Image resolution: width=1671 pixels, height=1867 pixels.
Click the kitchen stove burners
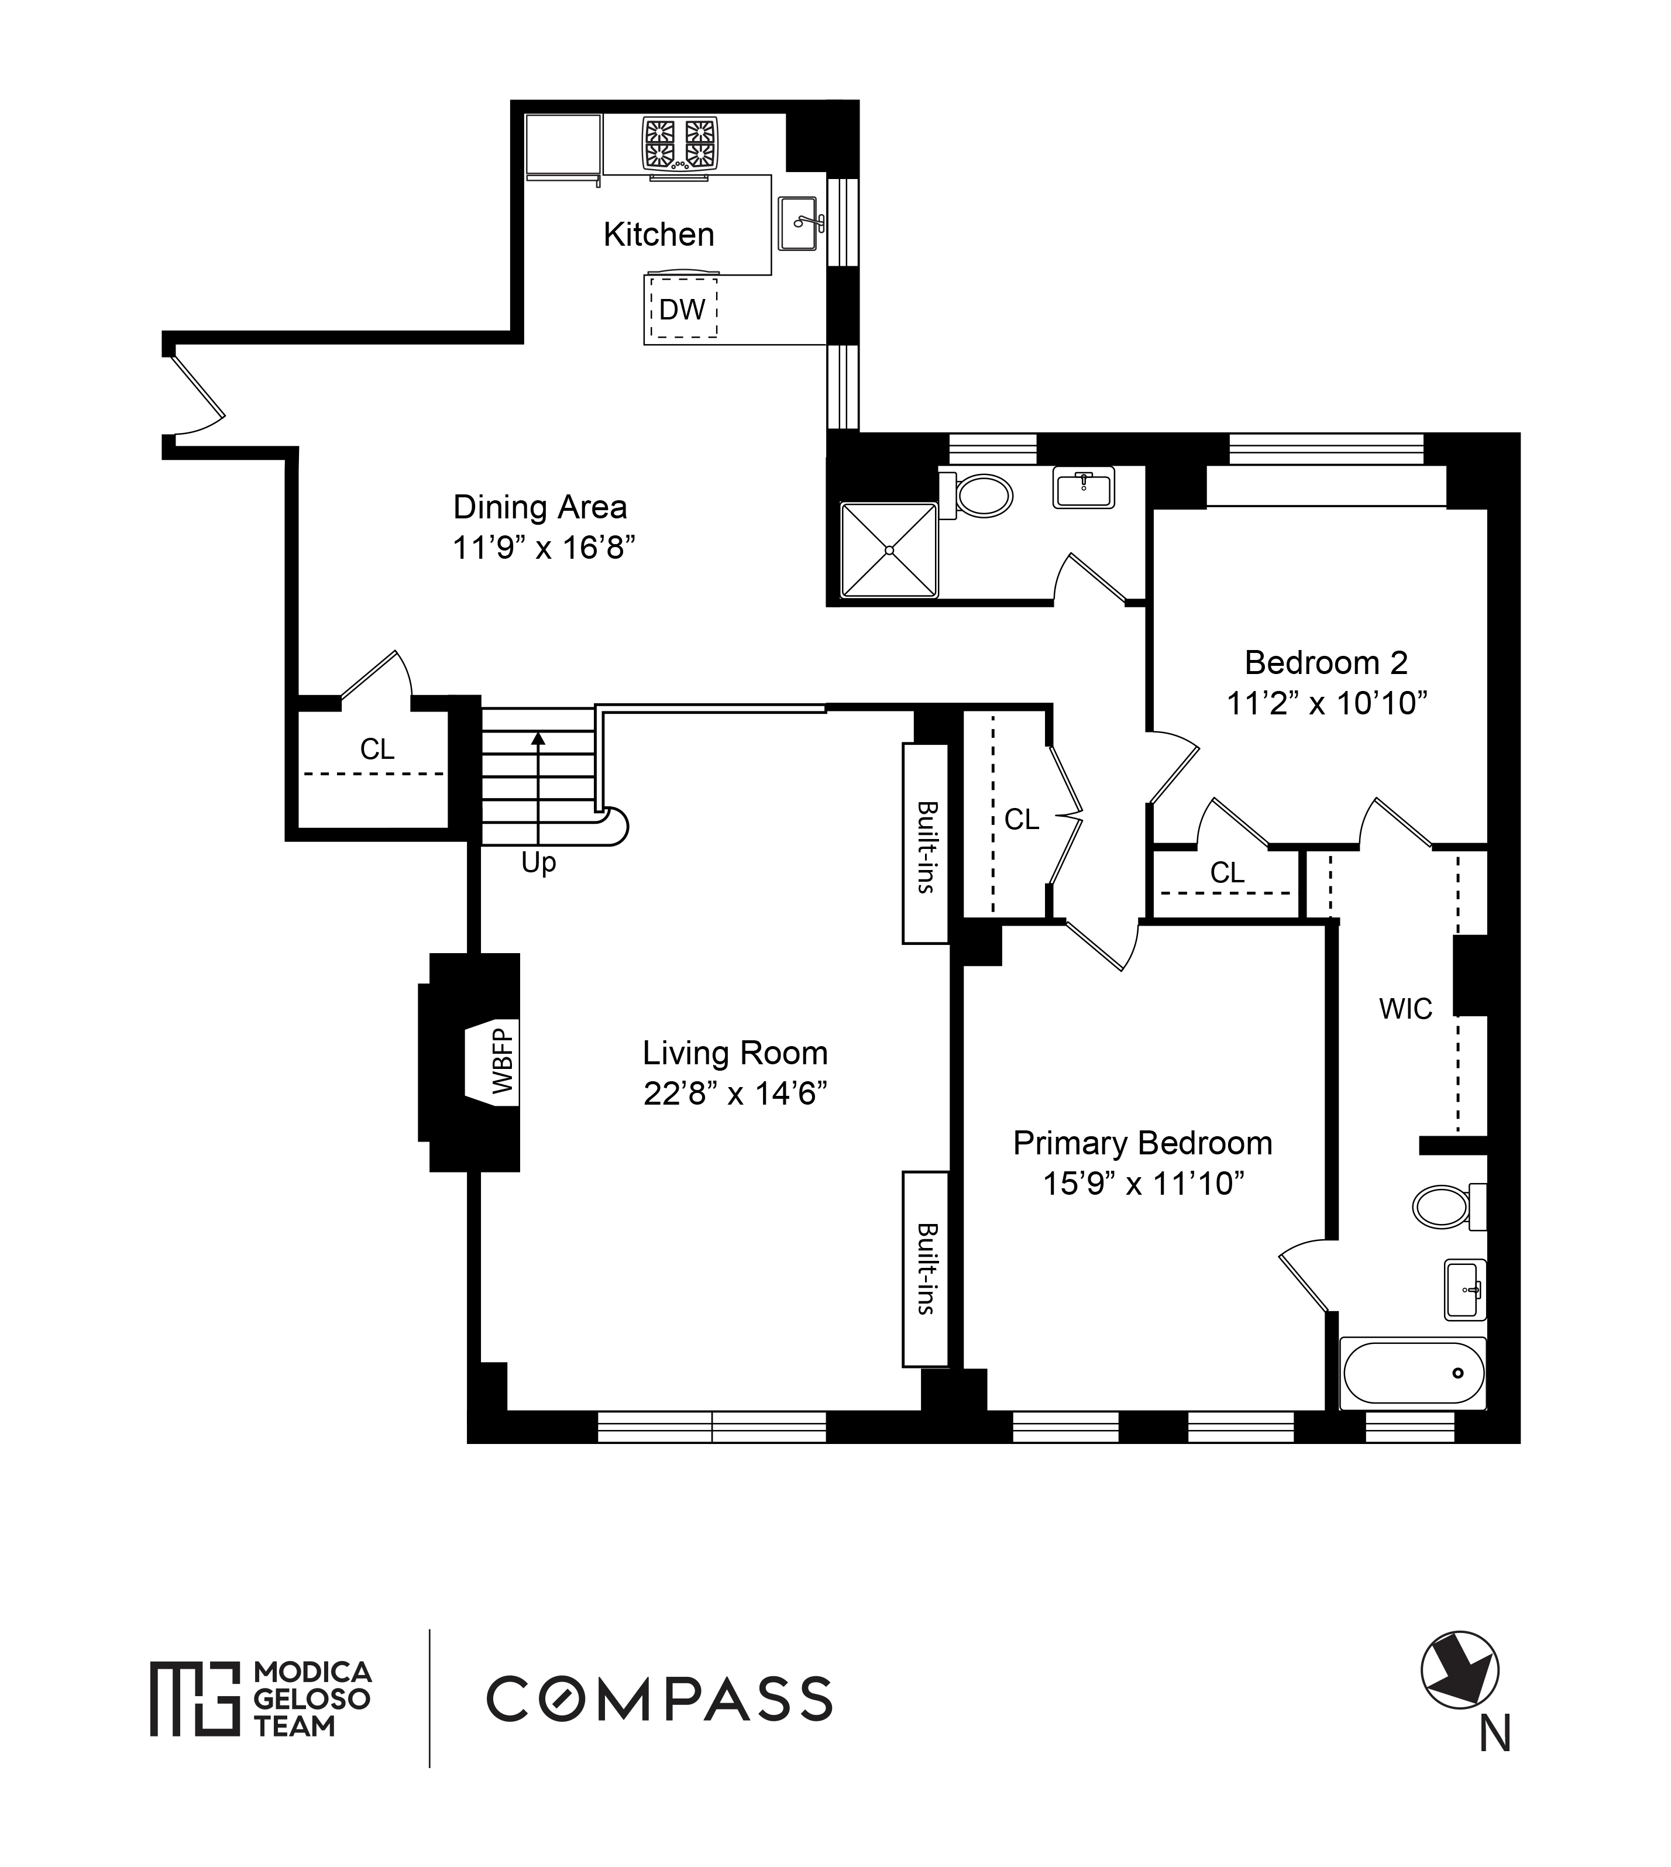680,144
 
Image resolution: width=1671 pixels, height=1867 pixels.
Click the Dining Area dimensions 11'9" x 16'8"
545,548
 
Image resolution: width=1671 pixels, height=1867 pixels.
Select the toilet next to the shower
976,496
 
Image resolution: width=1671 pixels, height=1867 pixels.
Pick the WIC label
1405,1010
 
